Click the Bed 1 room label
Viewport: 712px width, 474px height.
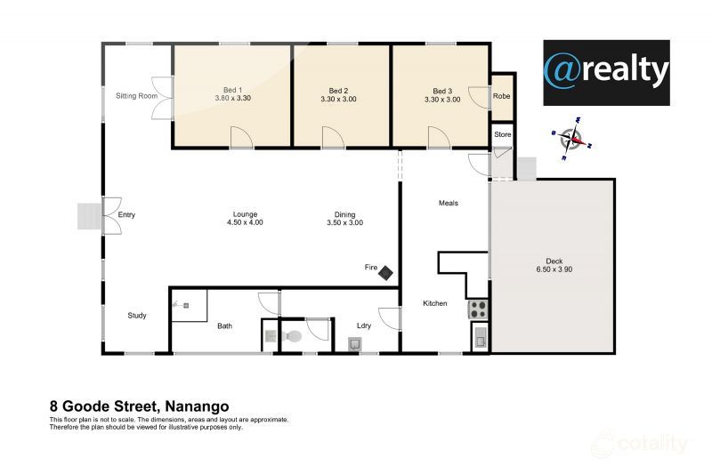coord(232,90)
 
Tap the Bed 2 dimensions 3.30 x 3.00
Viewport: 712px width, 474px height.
coord(338,99)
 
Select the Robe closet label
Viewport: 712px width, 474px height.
coord(501,96)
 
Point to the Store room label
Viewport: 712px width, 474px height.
coord(502,134)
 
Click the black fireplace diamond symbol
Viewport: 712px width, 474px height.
coord(386,273)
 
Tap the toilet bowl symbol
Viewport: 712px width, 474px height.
coord(292,336)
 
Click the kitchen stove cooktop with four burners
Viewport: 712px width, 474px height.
coord(478,309)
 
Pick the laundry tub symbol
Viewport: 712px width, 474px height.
coord(354,344)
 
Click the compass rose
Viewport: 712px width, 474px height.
coord(571,139)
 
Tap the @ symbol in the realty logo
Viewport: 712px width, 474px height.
coord(563,71)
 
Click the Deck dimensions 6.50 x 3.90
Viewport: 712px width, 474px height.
coord(554,269)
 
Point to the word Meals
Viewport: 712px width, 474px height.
coord(449,204)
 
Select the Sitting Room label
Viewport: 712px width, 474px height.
coord(137,96)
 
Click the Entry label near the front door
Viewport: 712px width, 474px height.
coord(126,215)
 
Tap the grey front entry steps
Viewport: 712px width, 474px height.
coord(90,216)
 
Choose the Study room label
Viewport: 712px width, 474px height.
coord(137,315)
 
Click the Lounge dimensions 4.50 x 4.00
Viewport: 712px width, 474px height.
coord(245,222)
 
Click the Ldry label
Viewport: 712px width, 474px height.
coord(364,325)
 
